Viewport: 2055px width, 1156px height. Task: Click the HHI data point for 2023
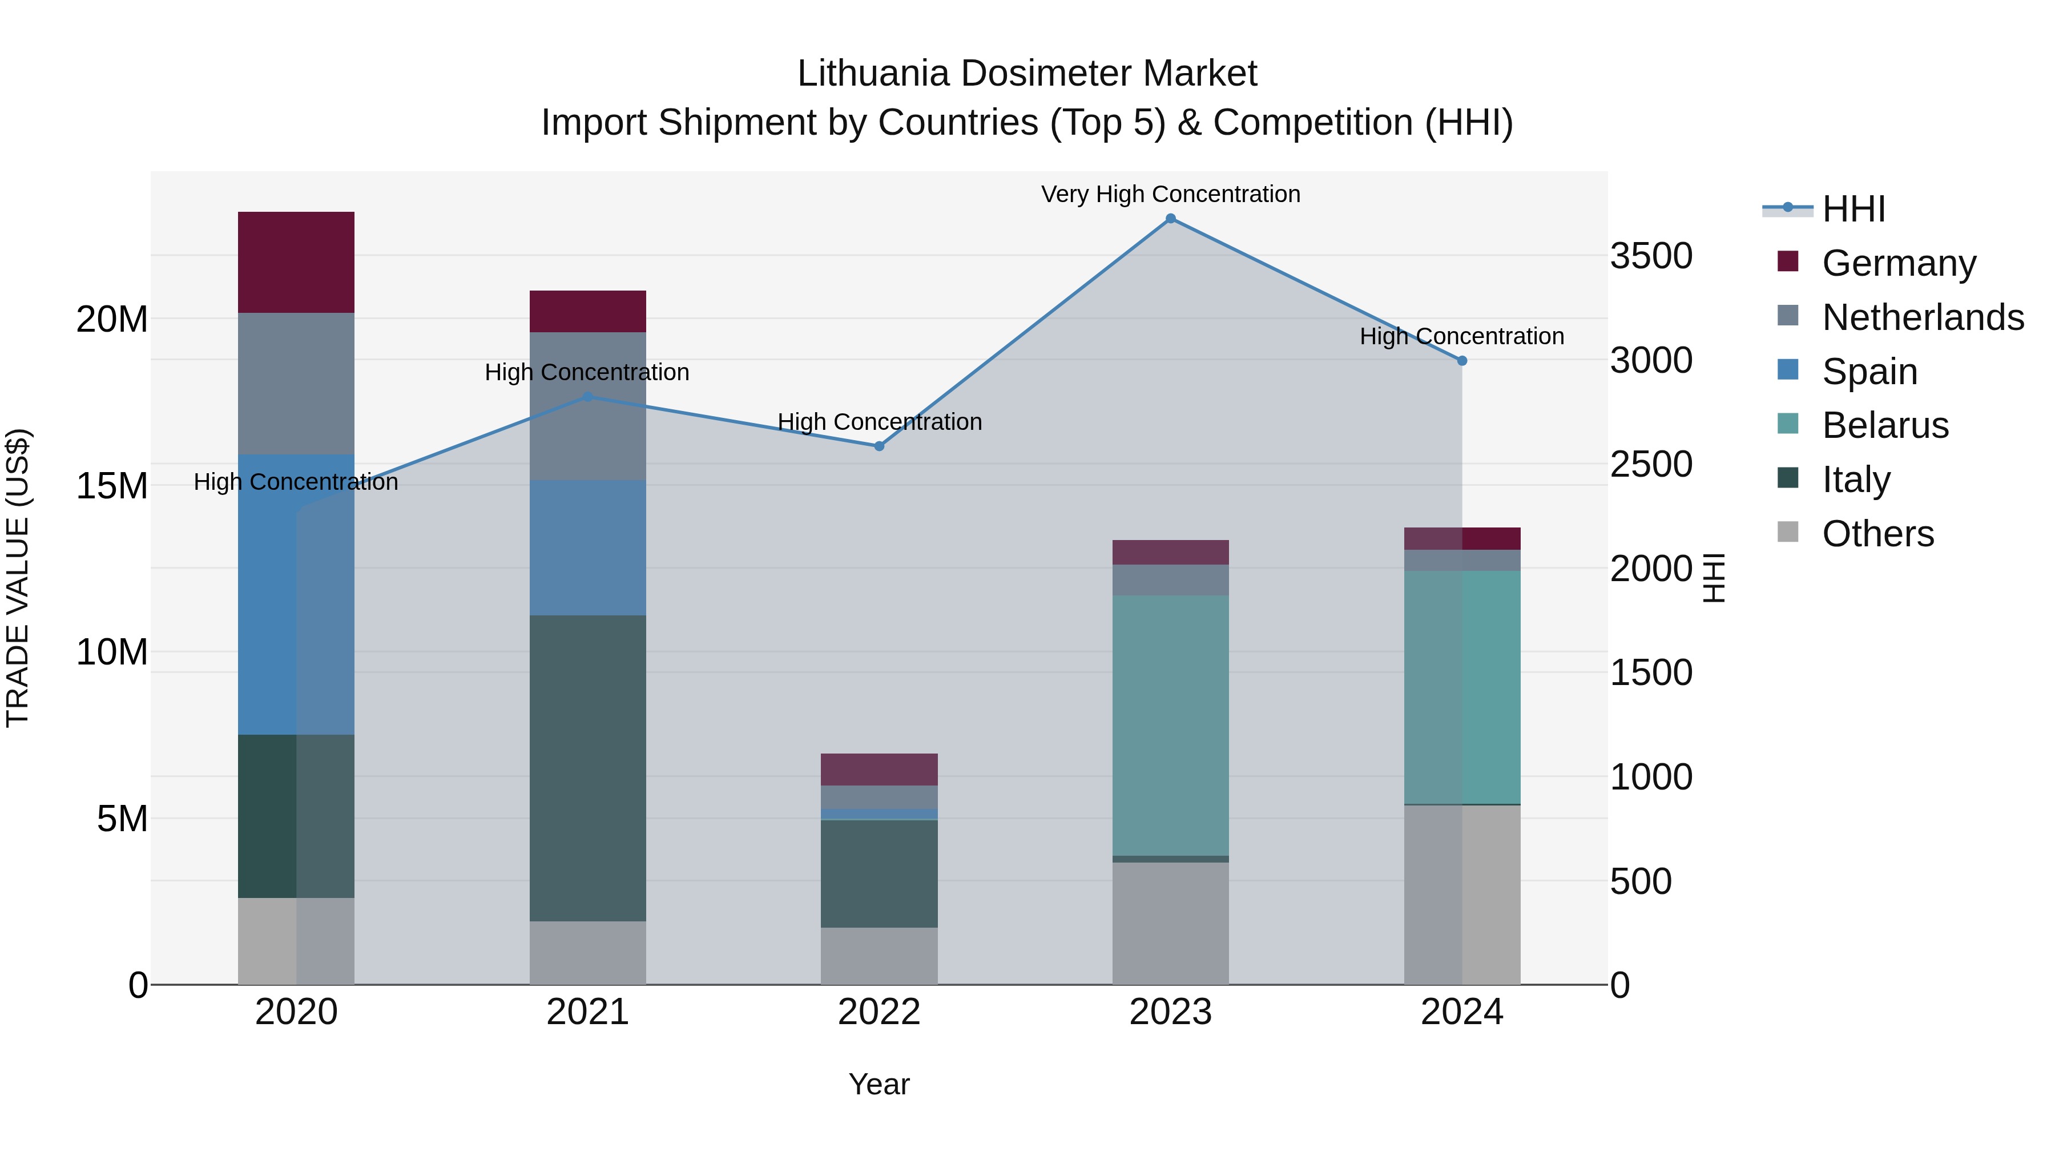point(1170,219)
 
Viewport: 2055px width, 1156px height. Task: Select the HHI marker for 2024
point(1461,361)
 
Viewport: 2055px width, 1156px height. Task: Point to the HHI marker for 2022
point(879,446)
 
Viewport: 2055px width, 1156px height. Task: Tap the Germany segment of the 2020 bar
point(296,263)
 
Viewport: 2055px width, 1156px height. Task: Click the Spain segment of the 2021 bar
point(588,547)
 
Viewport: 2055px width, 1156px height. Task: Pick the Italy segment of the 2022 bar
point(879,873)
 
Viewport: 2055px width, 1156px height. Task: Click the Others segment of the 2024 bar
point(1461,895)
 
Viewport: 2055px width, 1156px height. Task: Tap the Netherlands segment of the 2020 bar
point(296,383)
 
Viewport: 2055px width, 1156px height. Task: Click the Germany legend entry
point(1899,263)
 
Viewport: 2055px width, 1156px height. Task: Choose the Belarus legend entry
point(1885,425)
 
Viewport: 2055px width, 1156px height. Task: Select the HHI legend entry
point(1853,209)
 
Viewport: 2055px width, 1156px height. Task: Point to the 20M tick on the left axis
point(112,320)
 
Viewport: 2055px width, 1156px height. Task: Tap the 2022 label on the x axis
point(879,1012)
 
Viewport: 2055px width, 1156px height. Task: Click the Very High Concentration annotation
point(1170,194)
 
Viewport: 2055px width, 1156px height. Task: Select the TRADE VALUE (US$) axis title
point(18,578)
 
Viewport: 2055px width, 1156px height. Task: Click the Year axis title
point(879,1084)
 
